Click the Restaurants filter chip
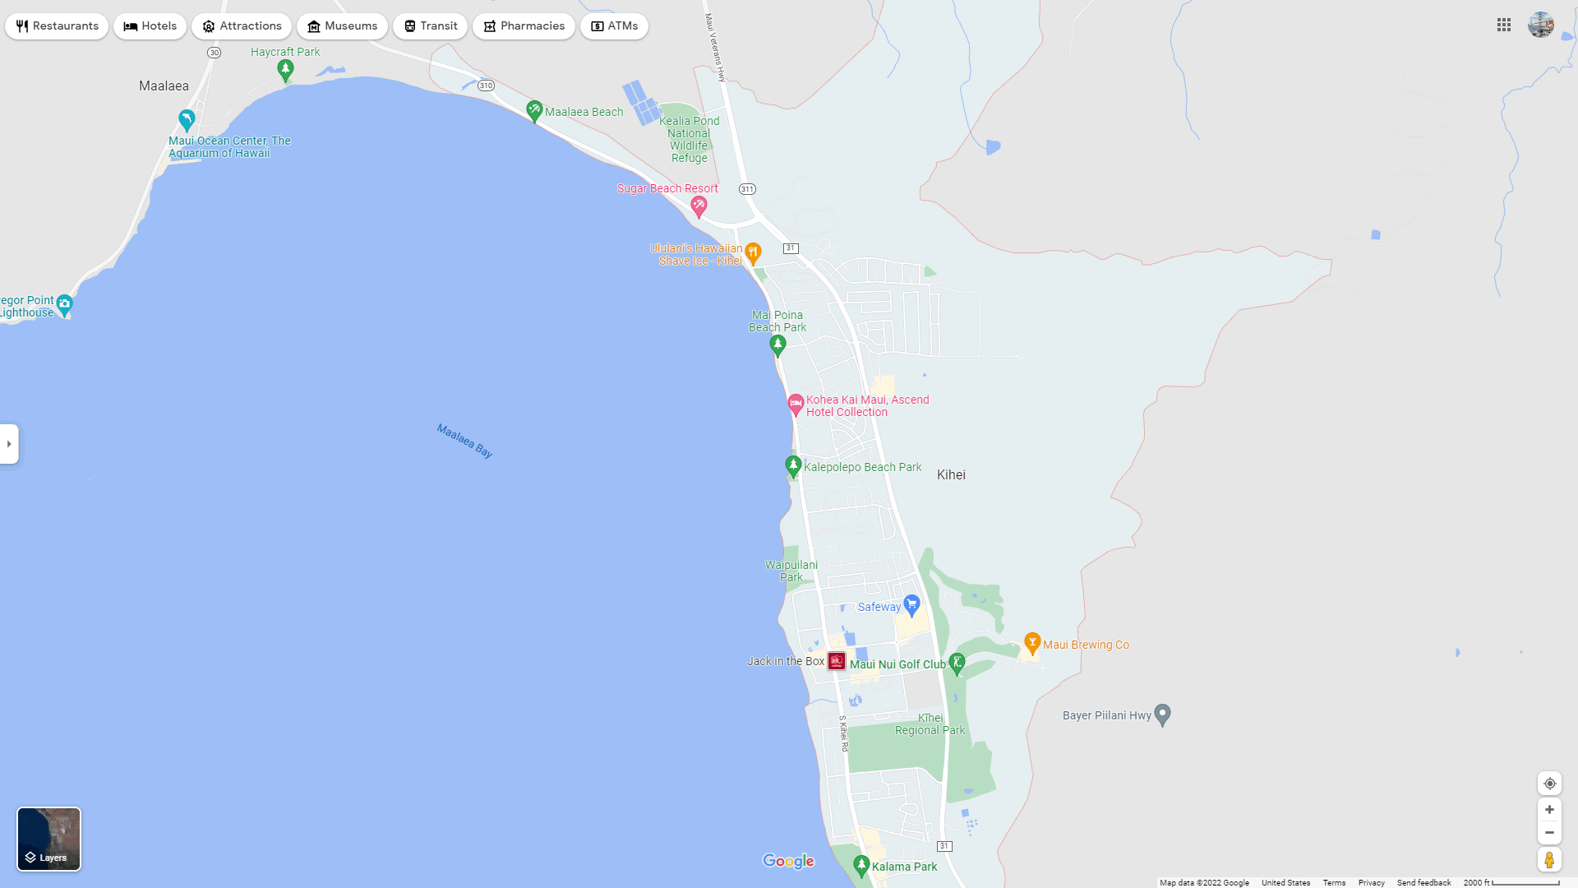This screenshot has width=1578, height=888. click(57, 26)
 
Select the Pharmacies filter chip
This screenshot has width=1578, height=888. click(524, 26)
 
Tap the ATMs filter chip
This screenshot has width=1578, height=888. click(614, 26)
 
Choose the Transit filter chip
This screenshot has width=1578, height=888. click(430, 26)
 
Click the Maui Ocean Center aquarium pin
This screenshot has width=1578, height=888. click(187, 120)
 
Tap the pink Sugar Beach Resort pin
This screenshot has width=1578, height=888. click(699, 206)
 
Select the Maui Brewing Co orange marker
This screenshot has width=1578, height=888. click(1032, 643)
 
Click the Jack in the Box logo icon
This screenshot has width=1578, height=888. click(837, 661)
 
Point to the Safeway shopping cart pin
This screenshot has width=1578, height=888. click(911, 605)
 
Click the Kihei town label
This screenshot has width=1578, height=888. click(951, 474)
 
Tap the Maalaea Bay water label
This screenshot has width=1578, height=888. click(464, 441)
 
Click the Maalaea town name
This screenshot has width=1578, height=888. click(164, 86)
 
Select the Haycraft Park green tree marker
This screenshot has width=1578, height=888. click(285, 71)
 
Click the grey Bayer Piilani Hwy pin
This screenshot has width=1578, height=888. click(1162, 714)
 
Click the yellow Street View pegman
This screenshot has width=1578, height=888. click(1549, 859)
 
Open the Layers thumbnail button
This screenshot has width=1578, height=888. click(49, 839)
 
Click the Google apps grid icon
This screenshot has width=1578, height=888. click(1504, 25)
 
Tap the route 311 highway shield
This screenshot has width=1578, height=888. click(747, 189)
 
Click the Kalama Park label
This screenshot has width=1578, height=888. click(904, 867)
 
